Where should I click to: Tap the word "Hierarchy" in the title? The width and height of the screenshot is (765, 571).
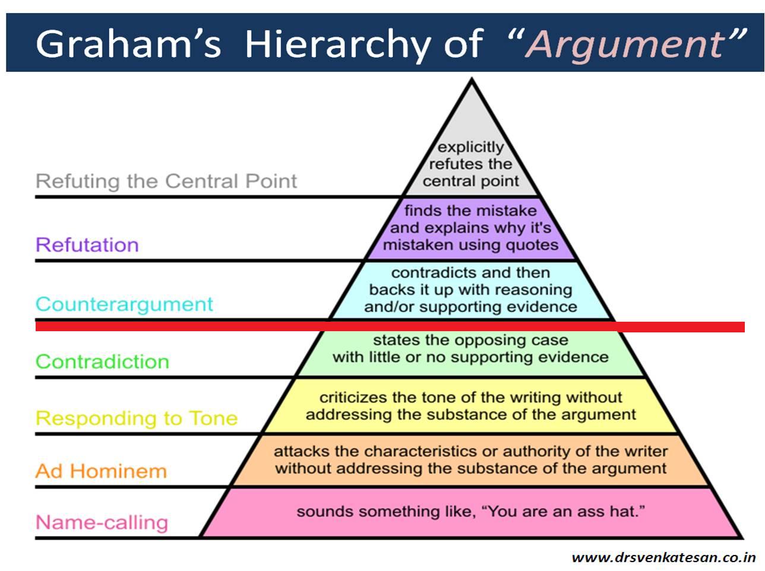coord(337,45)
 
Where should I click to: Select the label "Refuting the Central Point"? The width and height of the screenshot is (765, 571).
coord(166,181)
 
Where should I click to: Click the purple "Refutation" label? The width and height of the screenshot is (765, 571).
coord(87,245)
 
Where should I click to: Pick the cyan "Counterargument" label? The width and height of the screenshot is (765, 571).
coord(124,304)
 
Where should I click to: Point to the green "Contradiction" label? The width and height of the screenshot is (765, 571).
coord(103,361)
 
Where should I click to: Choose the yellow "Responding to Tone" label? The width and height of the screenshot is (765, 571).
coord(137,418)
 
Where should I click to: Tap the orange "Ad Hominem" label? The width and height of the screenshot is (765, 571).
coord(101,471)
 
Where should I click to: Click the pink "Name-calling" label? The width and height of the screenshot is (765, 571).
coord(102,522)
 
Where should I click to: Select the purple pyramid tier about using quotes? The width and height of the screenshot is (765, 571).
coord(471,228)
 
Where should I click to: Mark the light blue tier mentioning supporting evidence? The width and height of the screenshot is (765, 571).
coord(471,290)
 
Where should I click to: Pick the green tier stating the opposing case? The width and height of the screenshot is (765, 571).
coord(471,353)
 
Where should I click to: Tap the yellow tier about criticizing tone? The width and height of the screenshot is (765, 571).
coord(471,406)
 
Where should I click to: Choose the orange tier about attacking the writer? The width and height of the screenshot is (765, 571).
coord(471,460)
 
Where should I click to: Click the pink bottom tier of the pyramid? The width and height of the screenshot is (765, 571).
coord(471,512)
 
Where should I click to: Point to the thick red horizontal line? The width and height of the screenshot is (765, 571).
coord(390,326)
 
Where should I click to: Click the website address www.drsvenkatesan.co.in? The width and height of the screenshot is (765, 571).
coord(664,558)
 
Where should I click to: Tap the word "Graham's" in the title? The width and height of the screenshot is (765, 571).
coord(129,44)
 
